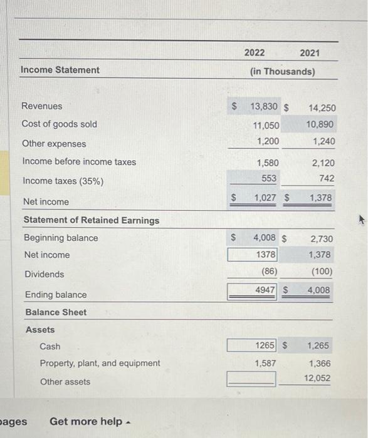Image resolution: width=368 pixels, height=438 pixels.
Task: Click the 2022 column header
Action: click(255, 53)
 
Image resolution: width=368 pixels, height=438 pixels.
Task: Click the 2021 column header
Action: click(309, 53)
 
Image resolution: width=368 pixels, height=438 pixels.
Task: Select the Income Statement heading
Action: click(60, 70)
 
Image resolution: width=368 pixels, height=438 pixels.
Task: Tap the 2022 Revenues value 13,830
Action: click(265, 106)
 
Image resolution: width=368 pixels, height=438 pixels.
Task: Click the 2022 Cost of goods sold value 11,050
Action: click(266, 125)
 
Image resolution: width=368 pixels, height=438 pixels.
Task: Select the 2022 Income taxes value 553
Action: click(269, 178)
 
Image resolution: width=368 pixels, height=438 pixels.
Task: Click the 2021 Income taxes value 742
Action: click(326, 178)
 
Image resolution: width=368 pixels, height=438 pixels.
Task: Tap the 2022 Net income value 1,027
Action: click(265, 198)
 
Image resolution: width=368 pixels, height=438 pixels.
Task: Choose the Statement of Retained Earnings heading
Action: click(92, 220)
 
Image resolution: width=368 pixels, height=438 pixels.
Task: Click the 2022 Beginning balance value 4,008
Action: click(265, 238)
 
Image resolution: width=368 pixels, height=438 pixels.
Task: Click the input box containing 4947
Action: click(252, 290)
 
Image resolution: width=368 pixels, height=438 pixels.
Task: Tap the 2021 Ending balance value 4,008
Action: click(318, 290)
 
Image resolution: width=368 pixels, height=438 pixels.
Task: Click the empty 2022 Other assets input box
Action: click(252, 378)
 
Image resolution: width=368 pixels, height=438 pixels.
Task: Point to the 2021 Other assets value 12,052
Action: click(317, 378)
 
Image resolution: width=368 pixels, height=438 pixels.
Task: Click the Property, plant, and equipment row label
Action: click(100, 363)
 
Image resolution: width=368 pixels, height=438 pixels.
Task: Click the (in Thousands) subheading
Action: click(282, 71)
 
